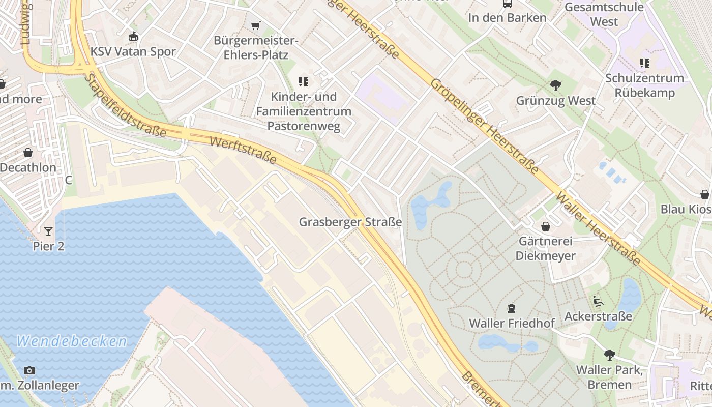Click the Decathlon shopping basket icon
point(28,153)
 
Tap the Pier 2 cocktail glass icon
point(48,231)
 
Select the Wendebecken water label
point(71,341)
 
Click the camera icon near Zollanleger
point(29,370)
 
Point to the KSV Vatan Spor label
point(133,51)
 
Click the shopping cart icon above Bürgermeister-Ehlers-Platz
point(256,25)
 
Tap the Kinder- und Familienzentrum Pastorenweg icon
point(304,81)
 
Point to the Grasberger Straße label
point(350,222)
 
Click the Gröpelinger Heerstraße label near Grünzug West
point(484,126)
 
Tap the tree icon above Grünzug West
point(556,85)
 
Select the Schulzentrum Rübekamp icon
point(644,63)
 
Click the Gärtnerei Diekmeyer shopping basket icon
point(546,226)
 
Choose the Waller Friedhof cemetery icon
point(511,308)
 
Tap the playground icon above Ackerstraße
point(598,301)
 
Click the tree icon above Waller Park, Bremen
point(609,355)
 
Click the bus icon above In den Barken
point(507,4)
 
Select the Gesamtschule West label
point(604,14)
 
